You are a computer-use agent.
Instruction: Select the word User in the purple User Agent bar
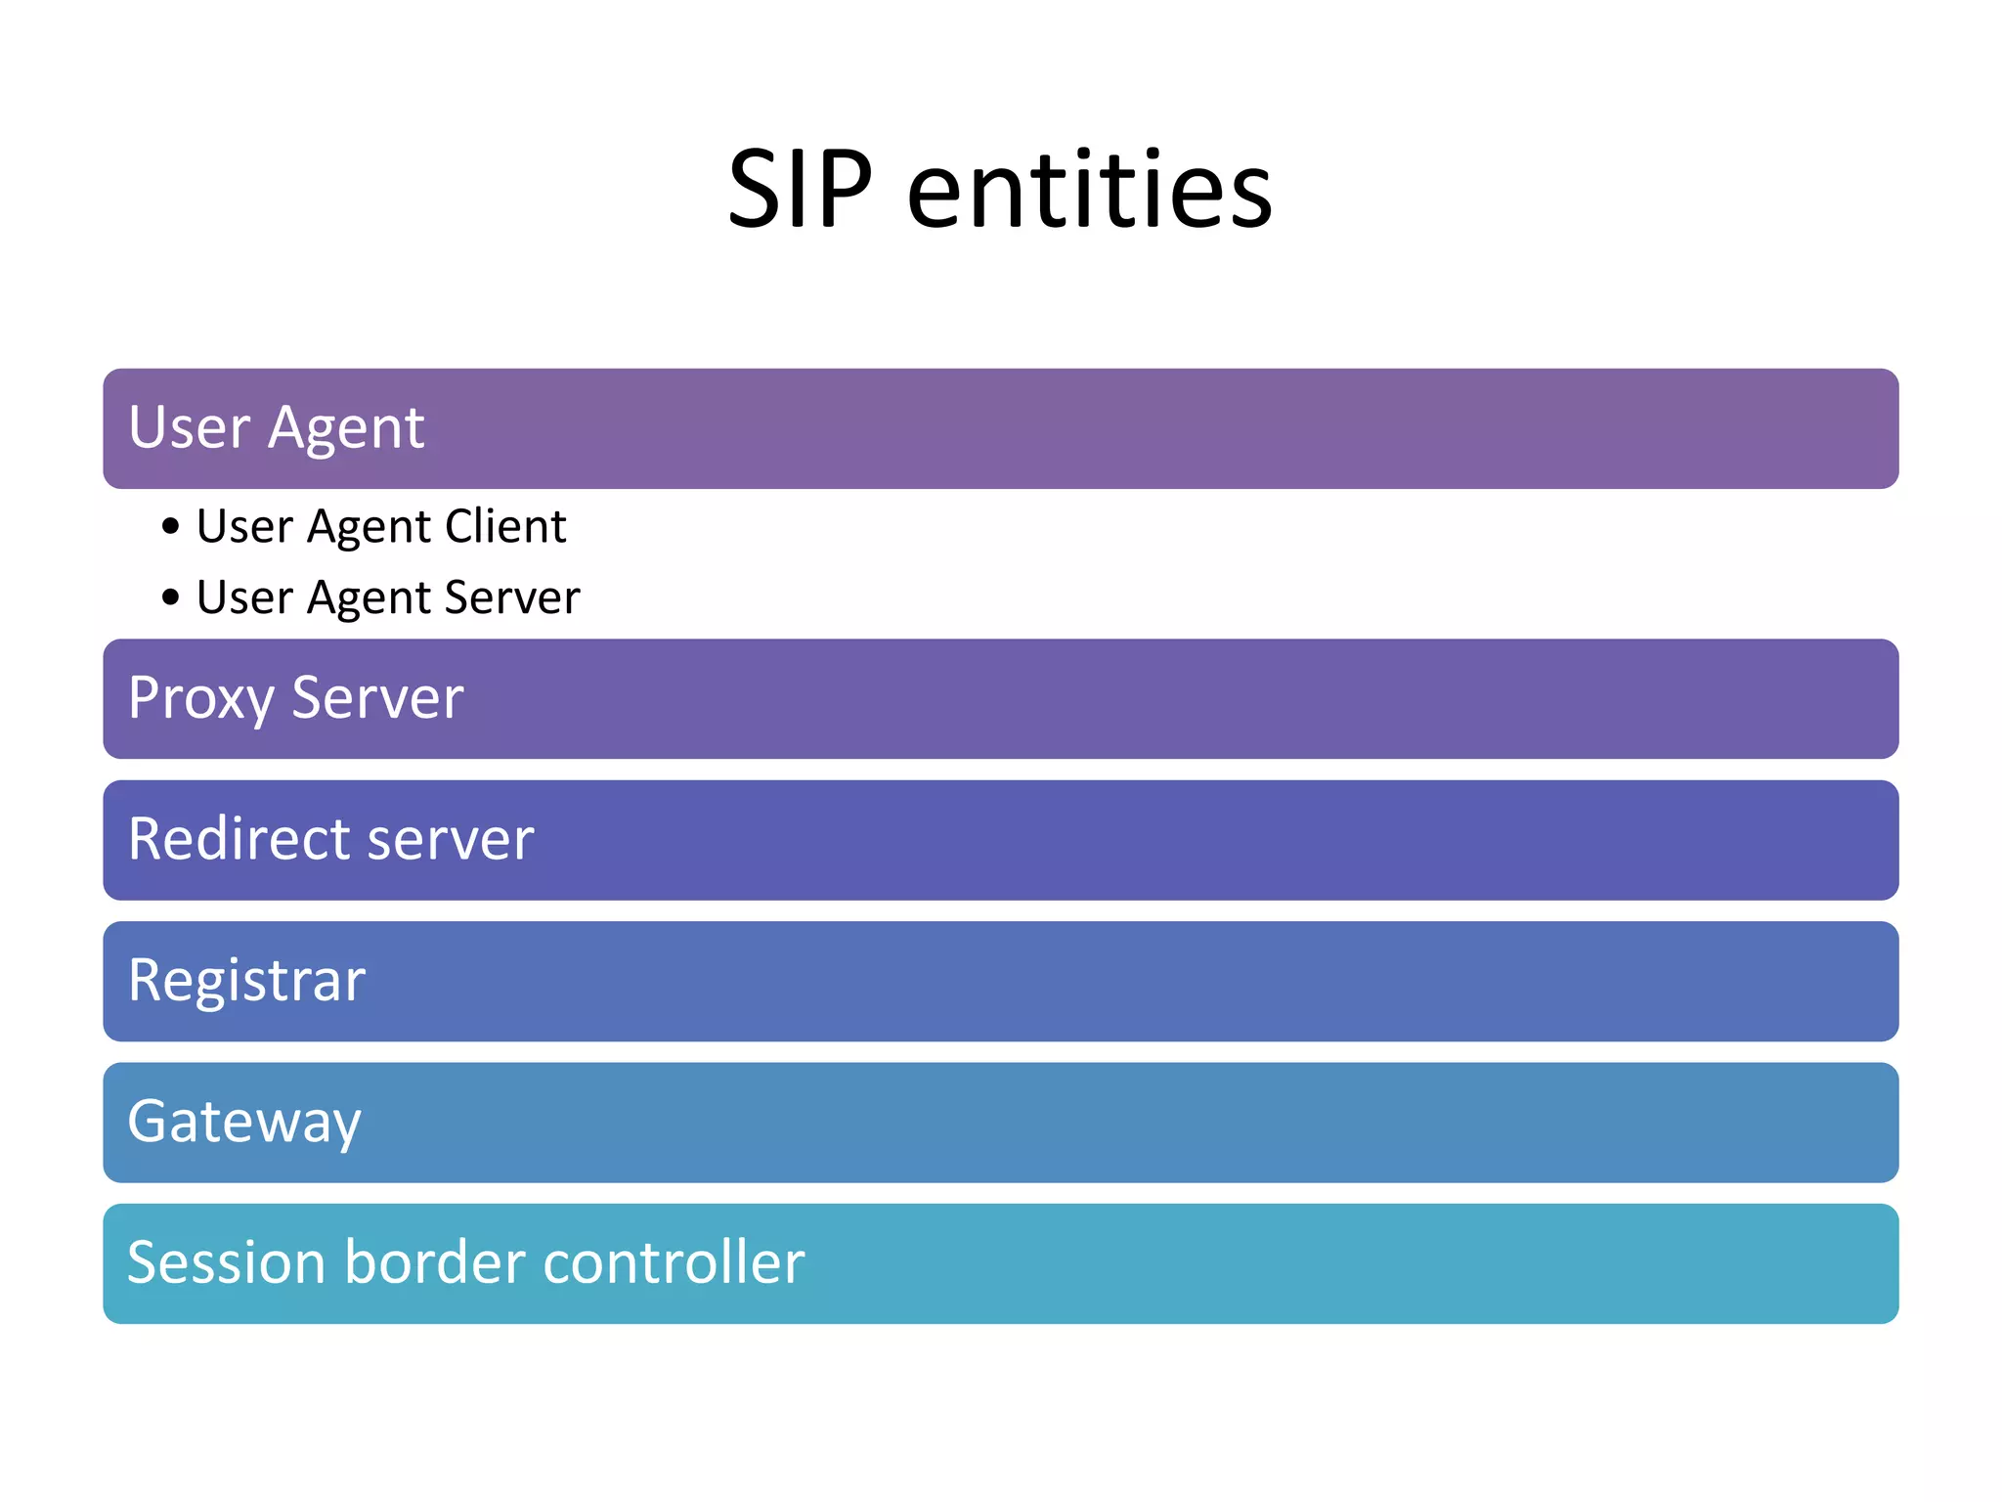click(189, 427)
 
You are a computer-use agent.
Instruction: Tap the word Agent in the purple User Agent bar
click(346, 429)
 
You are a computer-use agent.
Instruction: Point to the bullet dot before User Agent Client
click(171, 527)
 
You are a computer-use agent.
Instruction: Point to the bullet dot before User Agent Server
click(171, 596)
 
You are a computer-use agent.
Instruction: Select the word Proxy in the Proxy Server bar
click(201, 699)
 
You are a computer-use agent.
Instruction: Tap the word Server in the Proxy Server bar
click(377, 698)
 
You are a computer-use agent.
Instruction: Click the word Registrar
click(246, 981)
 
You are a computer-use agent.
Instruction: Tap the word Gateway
click(244, 1123)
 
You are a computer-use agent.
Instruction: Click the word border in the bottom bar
click(435, 1262)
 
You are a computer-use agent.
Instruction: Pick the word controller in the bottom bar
click(674, 1262)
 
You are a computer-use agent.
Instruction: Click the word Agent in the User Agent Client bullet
click(369, 528)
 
